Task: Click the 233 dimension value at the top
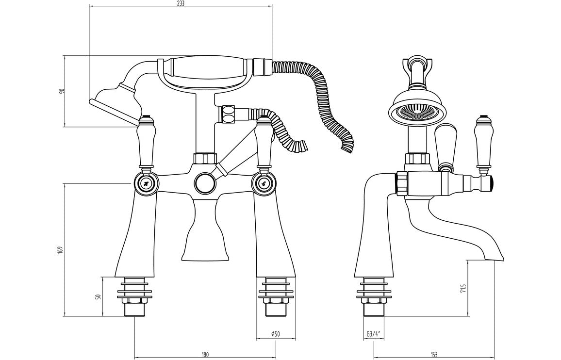181,3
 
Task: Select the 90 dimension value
62,91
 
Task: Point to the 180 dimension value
205,355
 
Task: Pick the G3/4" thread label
373,334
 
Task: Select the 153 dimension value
434,355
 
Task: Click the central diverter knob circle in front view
204,184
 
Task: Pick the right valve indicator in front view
264,184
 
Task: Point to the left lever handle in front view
146,143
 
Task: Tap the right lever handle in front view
264,143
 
